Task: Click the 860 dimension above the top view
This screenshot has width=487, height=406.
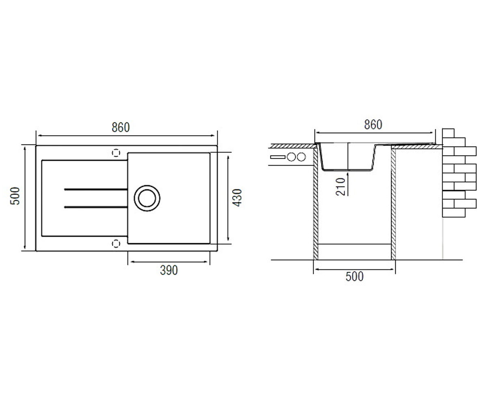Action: (121, 127)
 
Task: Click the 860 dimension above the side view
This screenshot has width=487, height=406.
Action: (373, 125)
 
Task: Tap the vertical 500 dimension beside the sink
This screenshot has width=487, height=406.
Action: (15, 196)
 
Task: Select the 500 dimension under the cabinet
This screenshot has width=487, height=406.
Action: (355, 276)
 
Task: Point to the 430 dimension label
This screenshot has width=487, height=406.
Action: (237, 198)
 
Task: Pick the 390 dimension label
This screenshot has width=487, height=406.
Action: (169, 270)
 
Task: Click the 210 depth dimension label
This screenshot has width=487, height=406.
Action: (340, 187)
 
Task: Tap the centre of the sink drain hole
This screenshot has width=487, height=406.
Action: (147, 198)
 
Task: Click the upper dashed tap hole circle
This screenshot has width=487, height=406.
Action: (116, 153)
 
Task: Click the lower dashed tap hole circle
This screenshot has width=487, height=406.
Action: (116, 244)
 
